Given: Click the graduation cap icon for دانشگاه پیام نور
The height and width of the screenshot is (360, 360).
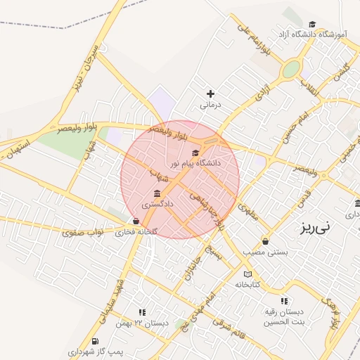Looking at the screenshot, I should click(195, 153).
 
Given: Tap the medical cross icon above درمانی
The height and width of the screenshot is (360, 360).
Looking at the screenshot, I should click(210, 94).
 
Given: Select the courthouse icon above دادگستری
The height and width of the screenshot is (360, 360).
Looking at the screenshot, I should click(156, 193).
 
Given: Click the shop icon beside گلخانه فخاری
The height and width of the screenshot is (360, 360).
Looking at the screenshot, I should click(136, 221).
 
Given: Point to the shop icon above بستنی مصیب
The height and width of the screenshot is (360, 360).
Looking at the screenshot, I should click(265, 240).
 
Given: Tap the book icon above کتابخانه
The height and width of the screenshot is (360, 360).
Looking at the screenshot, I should click(247, 274).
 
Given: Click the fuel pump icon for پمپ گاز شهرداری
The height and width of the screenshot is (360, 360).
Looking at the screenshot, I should click(95, 341).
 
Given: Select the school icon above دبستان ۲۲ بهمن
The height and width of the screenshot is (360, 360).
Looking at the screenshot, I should click(141, 312).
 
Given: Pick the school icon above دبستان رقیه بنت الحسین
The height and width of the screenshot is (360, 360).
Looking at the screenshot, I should click(283, 301).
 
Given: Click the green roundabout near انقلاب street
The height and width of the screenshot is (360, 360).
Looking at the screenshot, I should click(290, 70).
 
